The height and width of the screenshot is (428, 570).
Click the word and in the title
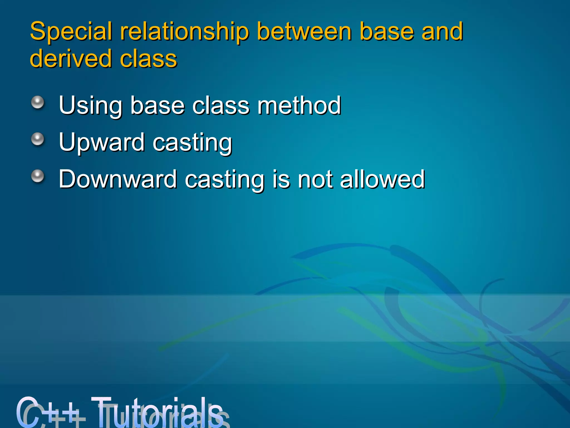click(442, 31)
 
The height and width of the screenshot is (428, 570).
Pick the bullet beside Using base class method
click(38, 103)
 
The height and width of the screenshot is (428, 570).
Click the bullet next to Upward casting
click(38, 139)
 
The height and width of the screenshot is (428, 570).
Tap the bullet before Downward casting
click(38, 176)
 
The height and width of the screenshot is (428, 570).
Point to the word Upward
click(102, 143)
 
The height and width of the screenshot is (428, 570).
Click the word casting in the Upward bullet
click(192, 143)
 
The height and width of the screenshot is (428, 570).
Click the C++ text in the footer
click(49, 412)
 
